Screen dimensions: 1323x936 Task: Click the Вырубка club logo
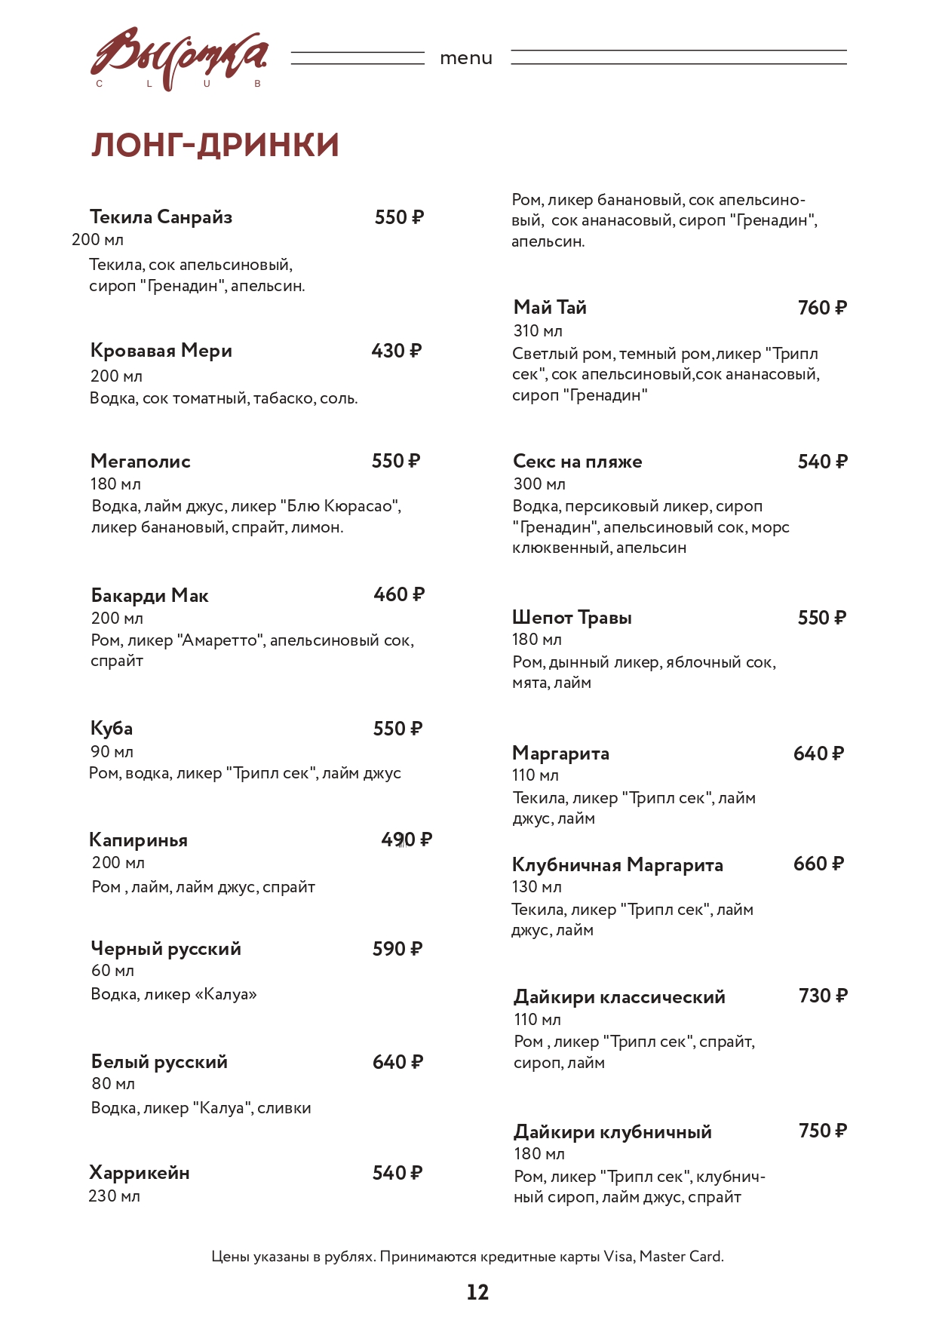pyautogui.click(x=179, y=59)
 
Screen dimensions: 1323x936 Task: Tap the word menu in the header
pyautogui.click(x=466, y=58)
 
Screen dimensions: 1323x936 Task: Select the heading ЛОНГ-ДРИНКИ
pyautogui.click(x=215, y=145)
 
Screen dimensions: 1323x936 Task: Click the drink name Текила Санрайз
pyautogui.click(x=161, y=217)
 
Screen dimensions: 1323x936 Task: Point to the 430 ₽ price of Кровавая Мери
pyautogui.click(x=396, y=351)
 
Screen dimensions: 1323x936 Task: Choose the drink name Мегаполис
pyautogui.click(x=140, y=461)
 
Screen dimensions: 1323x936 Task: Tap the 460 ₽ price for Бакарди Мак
pyautogui.click(x=399, y=594)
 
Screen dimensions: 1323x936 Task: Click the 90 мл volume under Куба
pyautogui.click(x=112, y=751)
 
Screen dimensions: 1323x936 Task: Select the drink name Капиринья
pyautogui.click(x=138, y=840)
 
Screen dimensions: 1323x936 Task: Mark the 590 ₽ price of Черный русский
pyautogui.click(x=397, y=949)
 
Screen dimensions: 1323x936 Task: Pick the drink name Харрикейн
pyautogui.click(x=140, y=1173)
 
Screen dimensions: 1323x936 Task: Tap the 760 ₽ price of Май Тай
pyautogui.click(x=822, y=308)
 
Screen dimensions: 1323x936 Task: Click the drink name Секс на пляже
pyautogui.click(x=578, y=462)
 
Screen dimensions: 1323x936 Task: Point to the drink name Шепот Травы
pyautogui.click(x=572, y=618)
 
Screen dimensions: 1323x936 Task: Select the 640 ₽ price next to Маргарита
pyautogui.click(x=818, y=754)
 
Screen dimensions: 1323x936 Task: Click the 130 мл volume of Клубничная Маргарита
pyautogui.click(x=537, y=887)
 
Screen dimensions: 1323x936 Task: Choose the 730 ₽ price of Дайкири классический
pyautogui.click(x=823, y=996)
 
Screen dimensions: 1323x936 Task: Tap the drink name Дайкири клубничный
pyautogui.click(x=612, y=1132)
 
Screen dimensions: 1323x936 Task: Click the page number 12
pyautogui.click(x=477, y=1292)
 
